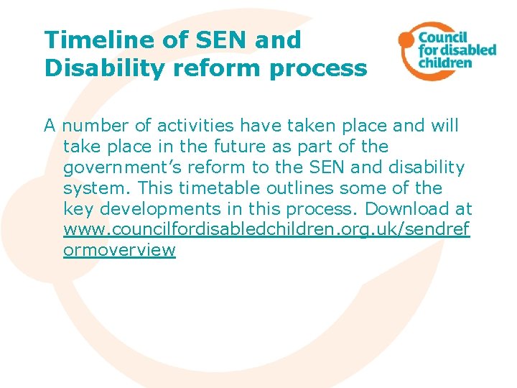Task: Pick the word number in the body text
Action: pyautogui.click(x=97, y=126)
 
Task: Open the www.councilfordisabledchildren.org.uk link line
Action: pyautogui.click(x=266, y=230)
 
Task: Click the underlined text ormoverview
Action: pyautogui.click(x=119, y=251)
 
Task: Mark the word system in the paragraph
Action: pyautogui.click(x=96, y=188)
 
